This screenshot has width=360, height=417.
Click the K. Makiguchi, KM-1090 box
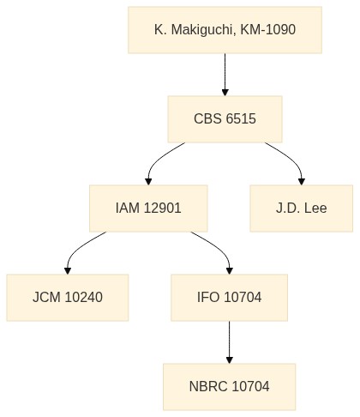tap(225, 30)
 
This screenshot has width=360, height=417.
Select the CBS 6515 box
tap(225, 119)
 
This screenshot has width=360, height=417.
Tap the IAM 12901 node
tap(148, 208)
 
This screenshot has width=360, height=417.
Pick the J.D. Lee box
tap(302, 208)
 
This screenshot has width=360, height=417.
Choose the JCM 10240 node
tap(68, 298)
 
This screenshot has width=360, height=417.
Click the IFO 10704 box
tap(229, 298)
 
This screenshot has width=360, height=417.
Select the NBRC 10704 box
tap(229, 387)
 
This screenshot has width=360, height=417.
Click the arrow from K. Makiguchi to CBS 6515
tap(225, 75)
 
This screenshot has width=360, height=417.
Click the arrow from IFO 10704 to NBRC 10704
tap(229, 342)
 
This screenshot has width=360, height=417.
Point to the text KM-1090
tap(267, 29)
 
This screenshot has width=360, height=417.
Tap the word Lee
tap(315, 208)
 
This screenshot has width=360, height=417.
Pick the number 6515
tap(241, 118)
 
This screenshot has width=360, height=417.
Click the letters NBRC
tap(208, 386)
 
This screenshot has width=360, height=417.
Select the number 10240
tap(83, 297)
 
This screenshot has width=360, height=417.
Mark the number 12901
tap(162, 208)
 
